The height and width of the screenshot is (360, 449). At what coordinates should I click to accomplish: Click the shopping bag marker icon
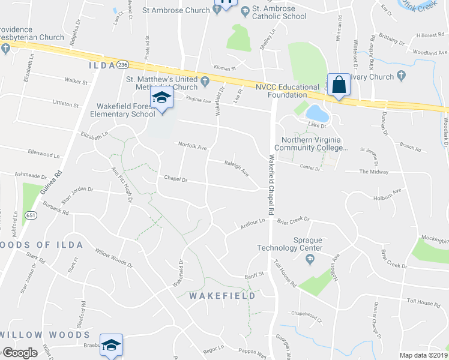(x=339, y=85)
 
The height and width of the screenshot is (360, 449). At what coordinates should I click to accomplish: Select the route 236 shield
(x=122, y=64)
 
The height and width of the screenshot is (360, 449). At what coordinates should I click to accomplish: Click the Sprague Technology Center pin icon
(x=310, y=259)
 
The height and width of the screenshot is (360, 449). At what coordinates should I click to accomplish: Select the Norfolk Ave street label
(x=192, y=146)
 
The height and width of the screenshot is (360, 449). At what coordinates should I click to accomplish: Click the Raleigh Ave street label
(x=237, y=167)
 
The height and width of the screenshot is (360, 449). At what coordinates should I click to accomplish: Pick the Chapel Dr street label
(x=176, y=179)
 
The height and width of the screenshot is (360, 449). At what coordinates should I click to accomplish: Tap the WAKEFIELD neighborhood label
(x=223, y=296)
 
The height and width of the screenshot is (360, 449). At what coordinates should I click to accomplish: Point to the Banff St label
(x=254, y=275)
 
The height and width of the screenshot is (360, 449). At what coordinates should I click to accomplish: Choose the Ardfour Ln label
(x=253, y=223)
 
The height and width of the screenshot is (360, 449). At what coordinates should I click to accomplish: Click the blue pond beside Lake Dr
(x=315, y=112)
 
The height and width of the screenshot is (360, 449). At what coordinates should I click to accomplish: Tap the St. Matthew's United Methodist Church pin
(x=205, y=81)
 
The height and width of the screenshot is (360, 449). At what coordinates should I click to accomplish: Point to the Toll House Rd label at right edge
(x=423, y=305)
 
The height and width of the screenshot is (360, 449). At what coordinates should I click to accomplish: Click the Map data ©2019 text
(x=423, y=355)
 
